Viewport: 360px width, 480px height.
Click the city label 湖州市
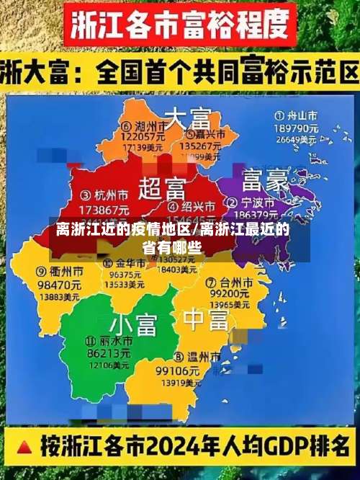(148, 124)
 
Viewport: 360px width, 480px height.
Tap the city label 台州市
(235, 281)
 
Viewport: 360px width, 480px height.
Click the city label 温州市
(184, 357)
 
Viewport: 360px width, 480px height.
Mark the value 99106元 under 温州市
(178, 370)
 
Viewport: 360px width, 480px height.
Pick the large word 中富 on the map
(206, 317)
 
